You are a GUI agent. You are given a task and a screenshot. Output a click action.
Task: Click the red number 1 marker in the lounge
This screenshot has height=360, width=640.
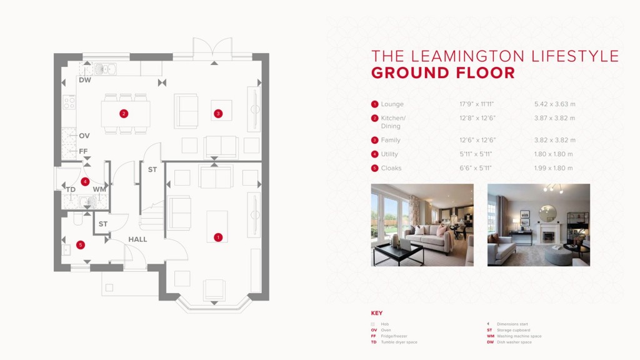click(218, 237)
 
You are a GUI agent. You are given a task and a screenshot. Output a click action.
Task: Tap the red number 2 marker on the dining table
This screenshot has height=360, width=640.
click(124, 113)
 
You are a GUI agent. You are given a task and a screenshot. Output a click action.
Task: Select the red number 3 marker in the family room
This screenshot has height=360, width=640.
click(217, 114)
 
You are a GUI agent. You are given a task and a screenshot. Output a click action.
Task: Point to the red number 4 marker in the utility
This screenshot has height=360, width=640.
click(85, 181)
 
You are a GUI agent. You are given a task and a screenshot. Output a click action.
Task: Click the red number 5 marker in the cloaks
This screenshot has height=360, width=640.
click(80, 245)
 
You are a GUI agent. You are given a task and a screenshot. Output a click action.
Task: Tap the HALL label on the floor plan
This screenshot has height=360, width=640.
click(137, 239)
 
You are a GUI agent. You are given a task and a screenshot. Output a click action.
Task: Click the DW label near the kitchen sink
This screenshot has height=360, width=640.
click(85, 80)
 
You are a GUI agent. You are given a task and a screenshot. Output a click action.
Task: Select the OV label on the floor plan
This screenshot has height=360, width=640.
click(84, 136)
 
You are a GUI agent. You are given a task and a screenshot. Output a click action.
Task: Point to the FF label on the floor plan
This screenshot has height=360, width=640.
click(83, 151)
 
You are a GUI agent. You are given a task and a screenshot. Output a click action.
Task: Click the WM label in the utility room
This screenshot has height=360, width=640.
click(99, 189)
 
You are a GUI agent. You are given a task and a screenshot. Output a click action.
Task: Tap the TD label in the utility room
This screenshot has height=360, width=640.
click(71, 189)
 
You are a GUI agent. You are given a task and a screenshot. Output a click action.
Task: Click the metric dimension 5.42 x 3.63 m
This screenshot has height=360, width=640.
click(554, 104)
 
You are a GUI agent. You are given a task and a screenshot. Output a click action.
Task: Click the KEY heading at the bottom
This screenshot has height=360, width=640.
click(377, 313)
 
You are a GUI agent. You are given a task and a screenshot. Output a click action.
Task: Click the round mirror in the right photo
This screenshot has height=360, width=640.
click(547, 213)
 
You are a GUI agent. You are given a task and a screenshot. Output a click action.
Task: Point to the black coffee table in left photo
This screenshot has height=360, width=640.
click(397, 252)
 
